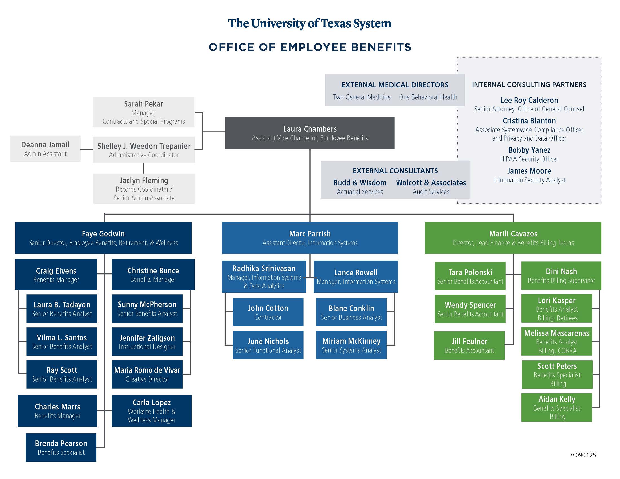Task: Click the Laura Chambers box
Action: [x=309, y=133]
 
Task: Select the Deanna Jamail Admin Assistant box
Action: [x=45, y=149]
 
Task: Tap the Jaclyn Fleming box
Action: [x=144, y=189]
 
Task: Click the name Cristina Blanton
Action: [x=529, y=121]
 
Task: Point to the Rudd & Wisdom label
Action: [x=359, y=183]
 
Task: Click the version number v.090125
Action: [x=583, y=455]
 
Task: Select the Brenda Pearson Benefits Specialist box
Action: [x=61, y=447]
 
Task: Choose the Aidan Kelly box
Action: [x=556, y=407]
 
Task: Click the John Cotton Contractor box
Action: [x=268, y=312]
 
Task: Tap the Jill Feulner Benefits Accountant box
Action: [x=469, y=345]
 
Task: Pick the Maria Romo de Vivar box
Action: [x=147, y=374]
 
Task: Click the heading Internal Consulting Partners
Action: [x=529, y=85]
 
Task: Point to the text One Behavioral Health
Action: [x=428, y=97]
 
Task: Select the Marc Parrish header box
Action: [x=309, y=238]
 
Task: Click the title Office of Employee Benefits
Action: [x=310, y=47]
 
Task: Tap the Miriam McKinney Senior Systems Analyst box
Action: [x=351, y=345]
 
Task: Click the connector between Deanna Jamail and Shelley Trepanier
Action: [x=87, y=150]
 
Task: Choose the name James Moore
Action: [x=529, y=171]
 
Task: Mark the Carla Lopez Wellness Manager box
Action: [x=151, y=411]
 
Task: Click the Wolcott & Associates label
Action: [x=431, y=183]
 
